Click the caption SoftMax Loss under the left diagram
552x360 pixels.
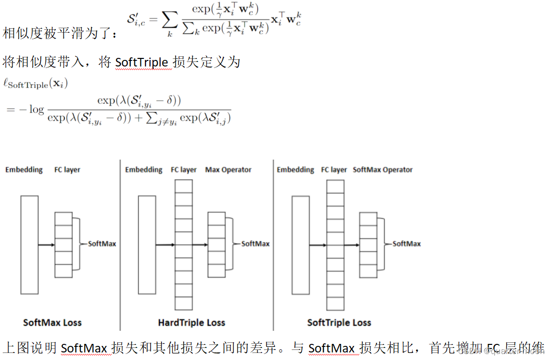pos(52,322)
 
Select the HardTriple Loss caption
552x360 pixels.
pos(191,322)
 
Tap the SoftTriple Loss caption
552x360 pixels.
pos(339,322)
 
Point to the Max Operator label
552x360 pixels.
pos(228,170)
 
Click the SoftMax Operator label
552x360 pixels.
pos(382,170)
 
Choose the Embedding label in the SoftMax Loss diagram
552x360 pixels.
pos(24,170)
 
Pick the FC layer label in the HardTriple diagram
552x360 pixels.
pos(184,170)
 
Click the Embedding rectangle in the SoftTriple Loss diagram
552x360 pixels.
pos(300,245)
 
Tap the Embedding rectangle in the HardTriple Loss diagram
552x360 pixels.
pos(146,245)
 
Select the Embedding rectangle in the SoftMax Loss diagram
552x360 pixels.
pos(29,245)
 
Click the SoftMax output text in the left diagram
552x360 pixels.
pos(102,244)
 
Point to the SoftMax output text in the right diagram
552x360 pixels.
pos(407,244)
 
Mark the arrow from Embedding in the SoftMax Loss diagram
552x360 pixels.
pos(46,245)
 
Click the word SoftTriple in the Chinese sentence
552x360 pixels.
pos(141,62)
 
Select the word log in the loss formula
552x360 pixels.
pos(36,109)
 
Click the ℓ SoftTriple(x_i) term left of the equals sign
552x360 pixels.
pos(35,84)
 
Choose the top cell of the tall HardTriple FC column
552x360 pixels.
pos(183,186)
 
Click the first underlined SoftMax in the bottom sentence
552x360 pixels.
pos(83,348)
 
